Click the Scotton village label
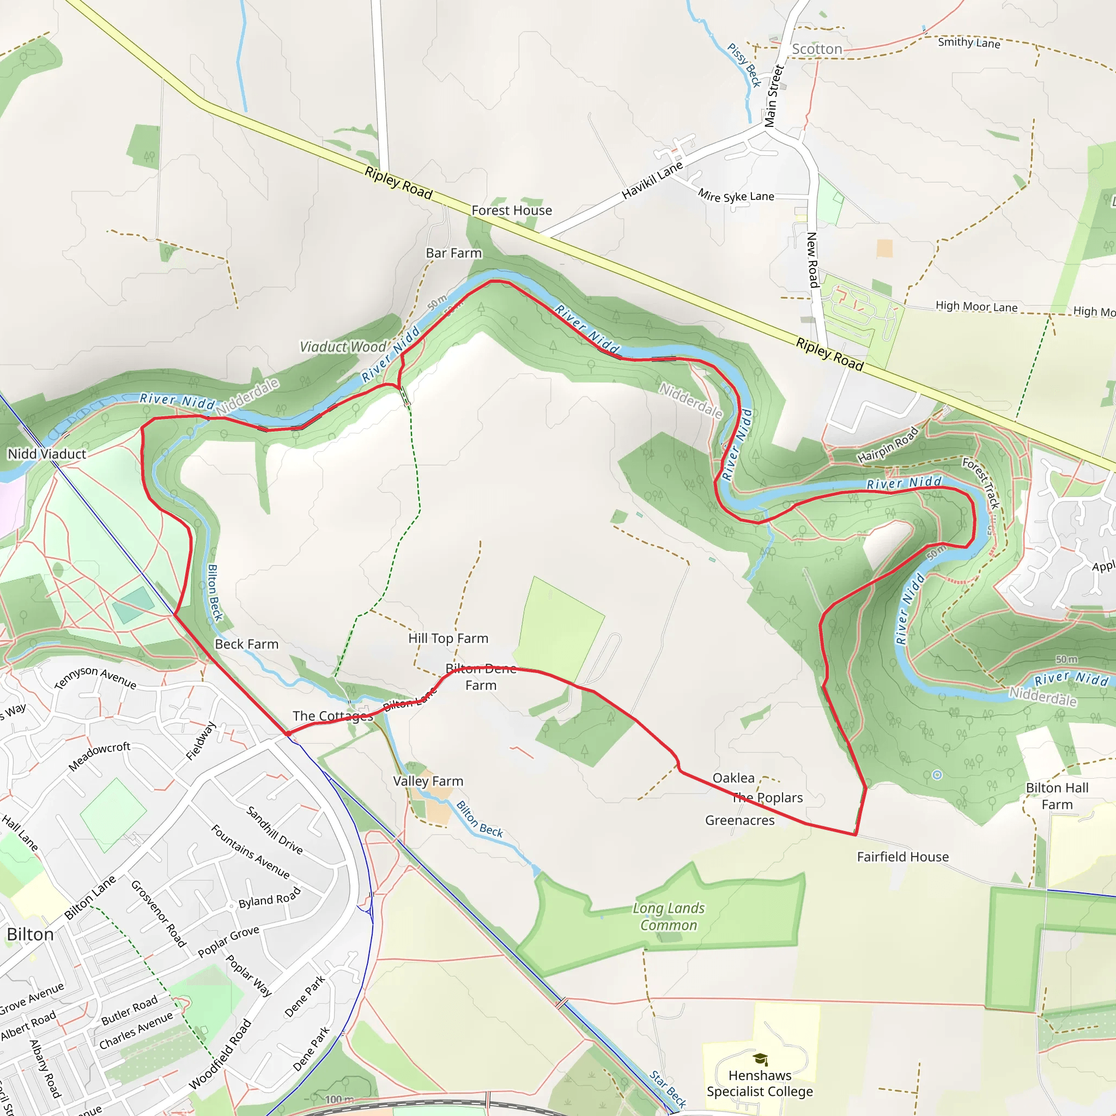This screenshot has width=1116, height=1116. tap(817, 49)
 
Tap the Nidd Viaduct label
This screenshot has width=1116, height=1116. tap(47, 454)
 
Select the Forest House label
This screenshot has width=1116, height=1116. tap(511, 210)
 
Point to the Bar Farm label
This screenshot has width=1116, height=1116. tap(453, 253)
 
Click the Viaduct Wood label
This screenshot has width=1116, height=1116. tap(343, 347)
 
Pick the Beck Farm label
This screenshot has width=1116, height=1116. tap(247, 644)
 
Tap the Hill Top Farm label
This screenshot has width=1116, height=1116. tap(448, 638)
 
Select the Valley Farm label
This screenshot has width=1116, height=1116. tap(428, 781)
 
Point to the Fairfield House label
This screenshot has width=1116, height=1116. tap(902, 857)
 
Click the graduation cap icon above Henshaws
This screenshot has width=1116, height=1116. tap(760, 1059)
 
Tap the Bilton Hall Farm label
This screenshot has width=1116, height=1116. tap(1057, 796)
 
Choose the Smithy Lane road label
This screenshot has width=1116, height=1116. tap(969, 43)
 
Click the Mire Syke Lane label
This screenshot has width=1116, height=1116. tap(735, 196)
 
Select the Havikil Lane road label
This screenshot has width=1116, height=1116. tap(652, 181)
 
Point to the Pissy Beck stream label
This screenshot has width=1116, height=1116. tap(744, 65)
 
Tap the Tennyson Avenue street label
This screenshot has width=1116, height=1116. tap(95, 677)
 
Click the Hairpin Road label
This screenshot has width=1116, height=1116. tap(887, 445)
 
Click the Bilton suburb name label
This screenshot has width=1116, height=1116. tap(30, 935)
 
